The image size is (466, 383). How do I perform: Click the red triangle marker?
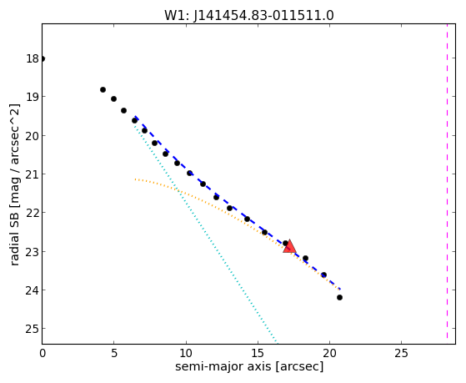pyautogui.click(x=289, y=246)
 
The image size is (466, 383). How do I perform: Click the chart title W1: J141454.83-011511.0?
pyautogui.click(x=249, y=15)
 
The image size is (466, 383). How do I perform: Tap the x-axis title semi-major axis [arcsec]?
pyautogui.click(x=249, y=366)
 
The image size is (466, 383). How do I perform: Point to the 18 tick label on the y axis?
pyautogui.click(x=33, y=58)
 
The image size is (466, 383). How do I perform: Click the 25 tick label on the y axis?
pyautogui.click(x=33, y=329)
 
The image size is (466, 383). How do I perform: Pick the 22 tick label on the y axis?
pyautogui.click(x=33, y=213)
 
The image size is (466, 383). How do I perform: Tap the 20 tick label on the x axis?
pyautogui.click(x=329, y=353)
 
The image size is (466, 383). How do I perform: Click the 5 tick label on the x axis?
pyautogui.click(x=114, y=353)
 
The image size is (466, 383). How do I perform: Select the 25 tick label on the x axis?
pyautogui.click(x=401, y=353)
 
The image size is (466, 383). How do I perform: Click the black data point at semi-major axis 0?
pyautogui.click(x=43, y=58)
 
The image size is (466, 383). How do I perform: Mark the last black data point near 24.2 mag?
pyautogui.click(x=339, y=297)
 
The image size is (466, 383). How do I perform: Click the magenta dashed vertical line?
pyautogui.click(x=447, y=181)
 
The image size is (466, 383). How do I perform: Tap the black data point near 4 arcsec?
pyautogui.click(x=103, y=89)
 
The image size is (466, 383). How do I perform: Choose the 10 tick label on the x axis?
pyautogui.click(x=186, y=353)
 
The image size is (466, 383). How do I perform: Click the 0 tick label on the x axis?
pyautogui.click(x=43, y=353)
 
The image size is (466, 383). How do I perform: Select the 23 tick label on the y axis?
pyautogui.click(x=33, y=251)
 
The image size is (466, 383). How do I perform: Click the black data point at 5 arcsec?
pyautogui.click(x=113, y=98)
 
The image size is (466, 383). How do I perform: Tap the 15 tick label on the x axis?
pyautogui.click(x=258, y=353)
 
